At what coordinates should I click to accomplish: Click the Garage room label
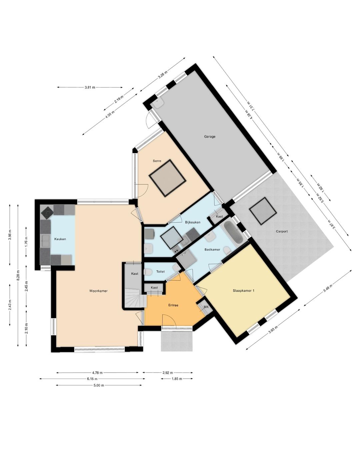[209, 136]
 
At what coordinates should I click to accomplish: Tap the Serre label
[157, 161]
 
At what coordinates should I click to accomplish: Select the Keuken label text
[60, 239]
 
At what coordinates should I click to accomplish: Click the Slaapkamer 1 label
[243, 291]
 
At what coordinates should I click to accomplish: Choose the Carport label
[282, 232]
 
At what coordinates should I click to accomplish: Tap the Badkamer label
[212, 250]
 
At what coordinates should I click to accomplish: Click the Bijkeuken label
[192, 222]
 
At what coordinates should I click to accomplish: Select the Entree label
[173, 305]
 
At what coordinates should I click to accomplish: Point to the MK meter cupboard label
[206, 307]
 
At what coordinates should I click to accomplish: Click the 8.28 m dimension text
[18, 276]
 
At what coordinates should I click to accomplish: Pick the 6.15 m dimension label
[92, 379]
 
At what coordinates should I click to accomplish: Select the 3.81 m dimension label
[90, 87]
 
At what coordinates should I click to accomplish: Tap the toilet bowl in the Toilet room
[148, 272]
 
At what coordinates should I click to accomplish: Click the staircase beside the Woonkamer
[135, 298]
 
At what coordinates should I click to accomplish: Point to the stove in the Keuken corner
[47, 212]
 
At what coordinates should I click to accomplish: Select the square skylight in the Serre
[168, 178]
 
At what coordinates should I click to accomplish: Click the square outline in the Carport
[262, 211]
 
